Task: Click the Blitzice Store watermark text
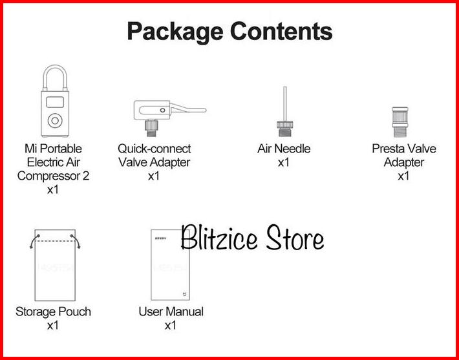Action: tap(252, 238)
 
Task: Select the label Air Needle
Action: tap(284, 149)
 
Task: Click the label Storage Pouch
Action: tap(53, 312)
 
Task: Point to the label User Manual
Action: tap(171, 312)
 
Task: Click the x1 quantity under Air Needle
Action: tap(284, 162)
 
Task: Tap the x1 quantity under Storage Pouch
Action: tap(53, 325)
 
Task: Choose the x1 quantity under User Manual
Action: tap(171, 325)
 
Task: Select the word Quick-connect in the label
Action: tap(155, 149)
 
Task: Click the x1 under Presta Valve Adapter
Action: tap(403, 176)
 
